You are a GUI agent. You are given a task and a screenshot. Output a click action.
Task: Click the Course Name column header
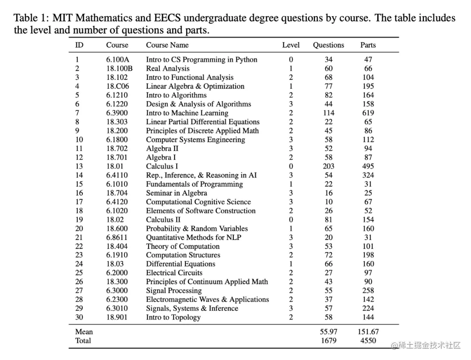[167, 45]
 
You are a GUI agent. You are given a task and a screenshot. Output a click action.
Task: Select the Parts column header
[368, 45]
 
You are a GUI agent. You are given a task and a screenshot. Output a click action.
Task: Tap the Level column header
[291, 45]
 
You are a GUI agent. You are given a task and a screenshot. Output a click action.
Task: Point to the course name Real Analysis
[167, 69]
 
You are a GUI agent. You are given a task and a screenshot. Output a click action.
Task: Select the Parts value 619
[368, 113]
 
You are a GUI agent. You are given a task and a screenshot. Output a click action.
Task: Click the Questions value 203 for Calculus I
[328, 166]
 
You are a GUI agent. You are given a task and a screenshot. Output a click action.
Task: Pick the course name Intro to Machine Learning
[187, 113]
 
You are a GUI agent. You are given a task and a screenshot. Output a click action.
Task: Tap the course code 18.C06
[118, 86]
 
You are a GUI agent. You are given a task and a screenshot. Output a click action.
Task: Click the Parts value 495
[368, 166]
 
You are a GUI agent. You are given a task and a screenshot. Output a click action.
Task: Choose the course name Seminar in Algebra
[176, 193]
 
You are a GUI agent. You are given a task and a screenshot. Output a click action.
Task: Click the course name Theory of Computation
[183, 247]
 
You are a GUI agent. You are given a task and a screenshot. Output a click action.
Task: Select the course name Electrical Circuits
[174, 273]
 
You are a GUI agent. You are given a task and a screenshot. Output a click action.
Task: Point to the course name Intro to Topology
[173, 318]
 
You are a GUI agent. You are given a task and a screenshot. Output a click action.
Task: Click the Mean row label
[84, 332]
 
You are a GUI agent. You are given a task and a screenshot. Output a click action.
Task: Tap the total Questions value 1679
[328, 341]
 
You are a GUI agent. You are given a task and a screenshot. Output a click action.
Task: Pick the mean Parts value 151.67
[368, 332]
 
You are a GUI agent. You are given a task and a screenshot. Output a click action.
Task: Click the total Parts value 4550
[368, 341]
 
